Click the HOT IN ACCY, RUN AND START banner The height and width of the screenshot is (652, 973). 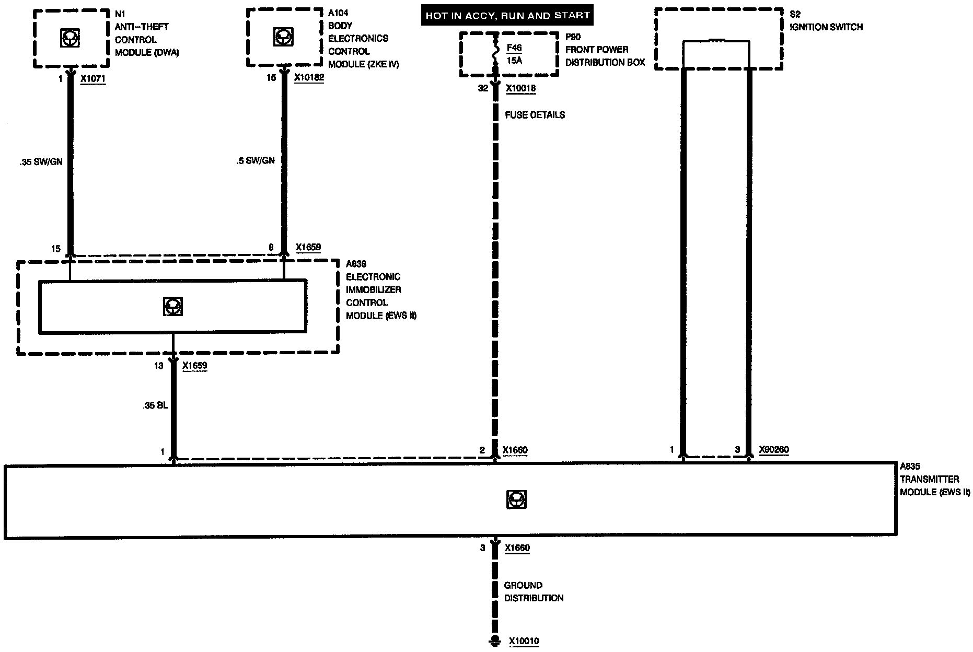pos(507,16)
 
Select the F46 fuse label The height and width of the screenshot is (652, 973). pos(514,48)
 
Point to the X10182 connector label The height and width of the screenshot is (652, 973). pos(308,78)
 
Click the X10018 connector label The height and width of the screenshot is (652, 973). pos(520,88)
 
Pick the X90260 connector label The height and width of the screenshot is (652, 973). pos(773,450)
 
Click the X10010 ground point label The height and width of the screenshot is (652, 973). pos(524,641)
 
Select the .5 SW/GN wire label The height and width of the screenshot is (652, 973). pos(255,160)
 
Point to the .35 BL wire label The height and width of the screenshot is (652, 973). pos(155,405)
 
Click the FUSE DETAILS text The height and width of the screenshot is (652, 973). pos(535,115)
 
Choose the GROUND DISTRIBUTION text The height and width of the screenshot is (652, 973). pos(534,591)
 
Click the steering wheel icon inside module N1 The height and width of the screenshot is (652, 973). pos(70,38)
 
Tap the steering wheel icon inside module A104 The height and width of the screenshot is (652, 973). pos(283,37)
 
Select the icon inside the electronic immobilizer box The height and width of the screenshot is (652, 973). pos(172,306)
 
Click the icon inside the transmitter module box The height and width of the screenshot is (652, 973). pos(516,499)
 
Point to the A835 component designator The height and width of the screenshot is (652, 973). pos(909,467)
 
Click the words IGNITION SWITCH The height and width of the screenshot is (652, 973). pos(826,27)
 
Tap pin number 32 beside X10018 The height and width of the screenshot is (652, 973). pos(483,88)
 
